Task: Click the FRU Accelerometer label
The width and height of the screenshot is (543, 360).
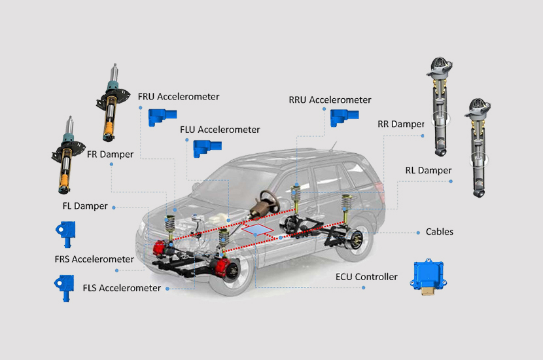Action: tap(179, 97)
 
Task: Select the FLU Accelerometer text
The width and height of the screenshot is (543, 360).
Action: tap(220, 130)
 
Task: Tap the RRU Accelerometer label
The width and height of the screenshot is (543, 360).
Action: tap(330, 99)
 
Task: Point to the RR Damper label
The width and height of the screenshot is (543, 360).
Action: tap(400, 124)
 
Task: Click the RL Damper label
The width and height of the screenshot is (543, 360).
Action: tap(429, 170)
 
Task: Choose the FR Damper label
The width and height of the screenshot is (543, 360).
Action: tap(110, 154)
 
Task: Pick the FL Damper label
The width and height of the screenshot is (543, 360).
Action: tap(85, 206)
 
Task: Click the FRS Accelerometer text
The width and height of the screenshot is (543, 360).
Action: tap(94, 259)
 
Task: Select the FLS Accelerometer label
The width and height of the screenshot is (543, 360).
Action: tap(122, 288)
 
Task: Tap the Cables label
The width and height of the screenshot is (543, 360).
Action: tap(440, 232)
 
